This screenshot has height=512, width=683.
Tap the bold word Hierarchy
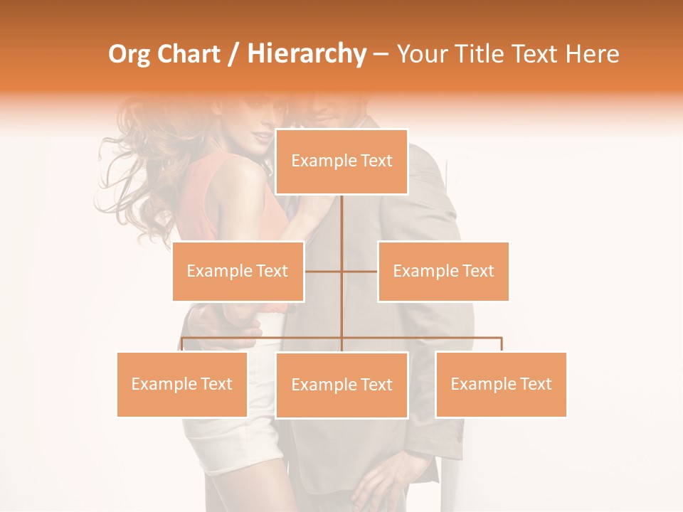pos(307,54)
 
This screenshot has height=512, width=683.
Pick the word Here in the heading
pos(592,54)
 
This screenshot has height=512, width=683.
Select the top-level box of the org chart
pos(341,161)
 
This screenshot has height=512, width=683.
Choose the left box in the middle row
pos(238,271)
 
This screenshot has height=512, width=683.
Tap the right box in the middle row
pos(443,271)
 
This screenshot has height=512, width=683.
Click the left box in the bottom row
pos(182,384)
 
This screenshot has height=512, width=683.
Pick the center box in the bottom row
pos(341,385)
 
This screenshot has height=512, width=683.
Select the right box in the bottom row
pos(501,384)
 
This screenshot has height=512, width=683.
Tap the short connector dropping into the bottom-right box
pos(501,344)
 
